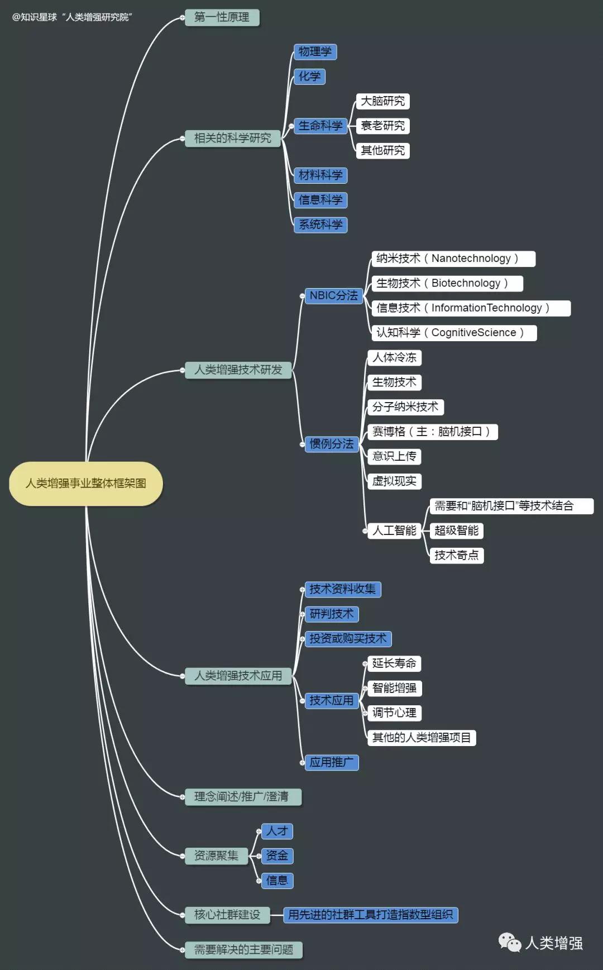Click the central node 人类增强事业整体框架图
[86, 484]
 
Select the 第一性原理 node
[222, 17]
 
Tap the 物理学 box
[315, 52]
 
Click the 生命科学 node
[320, 126]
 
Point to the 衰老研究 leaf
[382, 126]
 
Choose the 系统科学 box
[320, 224]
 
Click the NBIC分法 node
[333, 295]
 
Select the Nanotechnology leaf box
[453, 259]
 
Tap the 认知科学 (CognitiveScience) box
[454, 333]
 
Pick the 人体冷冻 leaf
[394, 357]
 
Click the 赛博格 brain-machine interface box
[432, 432]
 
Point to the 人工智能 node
[394, 531]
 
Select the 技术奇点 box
[456, 555]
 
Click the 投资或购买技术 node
[348, 639]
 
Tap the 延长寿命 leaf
[394, 663]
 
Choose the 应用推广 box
[331, 762]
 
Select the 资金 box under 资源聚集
[277, 856]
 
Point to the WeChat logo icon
[509, 943]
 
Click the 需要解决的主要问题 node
[243, 950]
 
